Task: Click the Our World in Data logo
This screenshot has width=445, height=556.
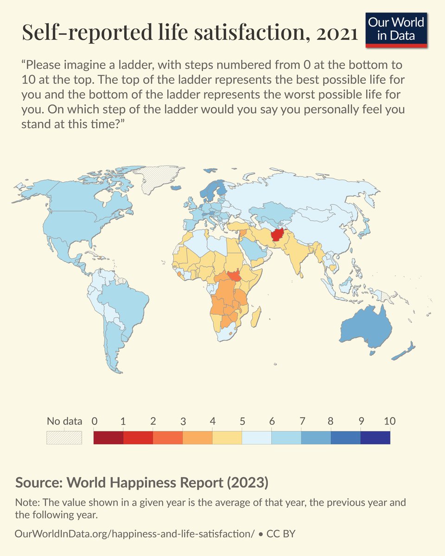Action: click(396, 30)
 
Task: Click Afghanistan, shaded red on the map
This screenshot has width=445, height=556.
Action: click(280, 236)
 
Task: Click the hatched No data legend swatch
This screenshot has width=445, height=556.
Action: click(64, 437)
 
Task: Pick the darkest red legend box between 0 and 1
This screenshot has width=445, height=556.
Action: click(108, 437)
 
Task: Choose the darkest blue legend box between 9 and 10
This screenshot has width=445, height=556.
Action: click(375, 437)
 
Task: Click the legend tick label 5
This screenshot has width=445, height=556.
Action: click(242, 421)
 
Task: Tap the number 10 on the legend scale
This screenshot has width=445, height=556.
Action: click(389, 421)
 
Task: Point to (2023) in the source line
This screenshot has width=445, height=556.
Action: click(246, 482)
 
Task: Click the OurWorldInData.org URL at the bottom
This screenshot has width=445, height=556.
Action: click(134, 534)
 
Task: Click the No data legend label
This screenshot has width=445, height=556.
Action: click(64, 421)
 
